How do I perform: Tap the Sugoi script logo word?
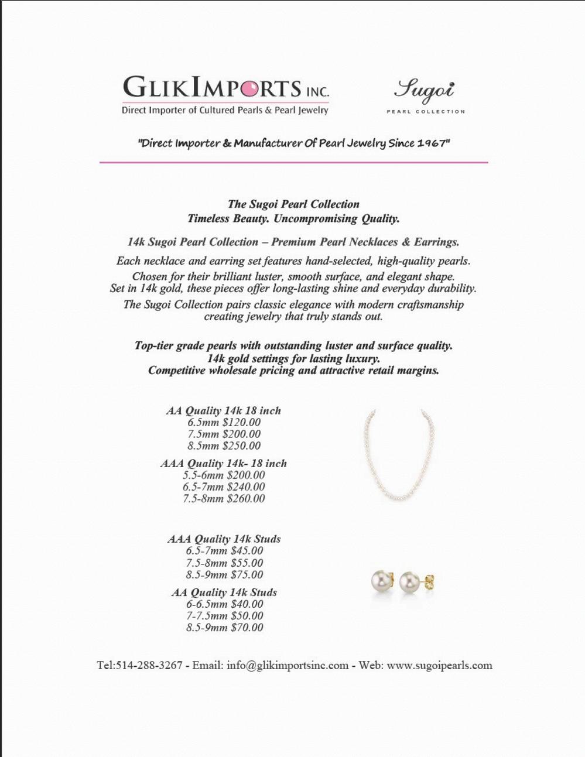pos(424,90)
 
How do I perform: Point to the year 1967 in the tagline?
pos(431,143)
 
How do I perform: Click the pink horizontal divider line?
pos(293,162)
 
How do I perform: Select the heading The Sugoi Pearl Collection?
pos(293,204)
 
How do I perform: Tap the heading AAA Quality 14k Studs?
pos(224,539)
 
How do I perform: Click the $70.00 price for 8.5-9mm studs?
pos(247,628)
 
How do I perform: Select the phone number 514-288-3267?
pos(149,666)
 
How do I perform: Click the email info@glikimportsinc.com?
pos(287,666)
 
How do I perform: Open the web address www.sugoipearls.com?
pos(439,666)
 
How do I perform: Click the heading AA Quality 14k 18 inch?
pos(223,411)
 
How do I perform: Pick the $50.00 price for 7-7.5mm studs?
pos(247,616)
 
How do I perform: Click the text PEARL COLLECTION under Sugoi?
pos(426,111)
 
